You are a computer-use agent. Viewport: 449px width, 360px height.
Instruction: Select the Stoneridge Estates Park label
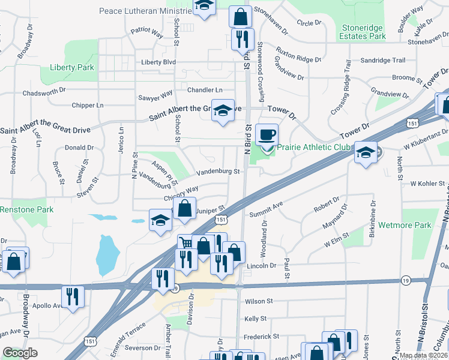click(x=363, y=32)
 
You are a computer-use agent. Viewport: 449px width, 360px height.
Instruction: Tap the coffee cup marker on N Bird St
click(x=266, y=134)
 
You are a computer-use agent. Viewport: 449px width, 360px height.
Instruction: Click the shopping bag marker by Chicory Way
click(x=184, y=209)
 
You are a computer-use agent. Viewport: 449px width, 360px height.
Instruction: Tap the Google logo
click(x=20, y=353)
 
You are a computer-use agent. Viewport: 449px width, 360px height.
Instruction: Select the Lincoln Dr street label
click(x=261, y=265)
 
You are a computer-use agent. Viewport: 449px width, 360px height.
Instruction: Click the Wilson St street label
click(x=259, y=301)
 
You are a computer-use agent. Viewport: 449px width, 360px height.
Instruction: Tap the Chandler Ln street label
click(x=205, y=90)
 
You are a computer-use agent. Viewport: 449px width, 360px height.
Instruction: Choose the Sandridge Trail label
click(x=383, y=61)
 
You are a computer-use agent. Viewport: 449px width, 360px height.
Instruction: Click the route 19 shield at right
click(x=406, y=280)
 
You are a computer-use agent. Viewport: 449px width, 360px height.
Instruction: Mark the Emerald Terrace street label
click(x=126, y=334)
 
